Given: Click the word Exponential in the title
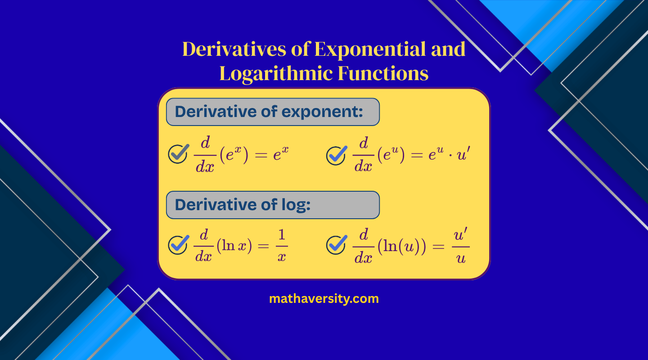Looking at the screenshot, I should pyautogui.click(x=371, y=49).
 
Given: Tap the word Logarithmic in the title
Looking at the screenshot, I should pyautogui.click(x=275, y=74).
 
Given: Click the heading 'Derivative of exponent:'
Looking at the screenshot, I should pyautogui.click(x=269, y=112).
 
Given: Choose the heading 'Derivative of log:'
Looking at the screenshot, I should pyautogui.click(x=243, y=205).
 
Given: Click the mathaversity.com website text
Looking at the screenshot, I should pyautogui.click(x=324, y=298).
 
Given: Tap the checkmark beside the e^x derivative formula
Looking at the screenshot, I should pyautogui.click(x=178, y=154).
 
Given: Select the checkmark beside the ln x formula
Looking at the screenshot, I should pyautogui.click(x=178, y=245).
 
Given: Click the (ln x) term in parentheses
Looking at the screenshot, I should pyautogui.click(x=234, y=246).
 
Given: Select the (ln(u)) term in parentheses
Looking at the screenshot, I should pyautogui.click(x=401, y=246).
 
